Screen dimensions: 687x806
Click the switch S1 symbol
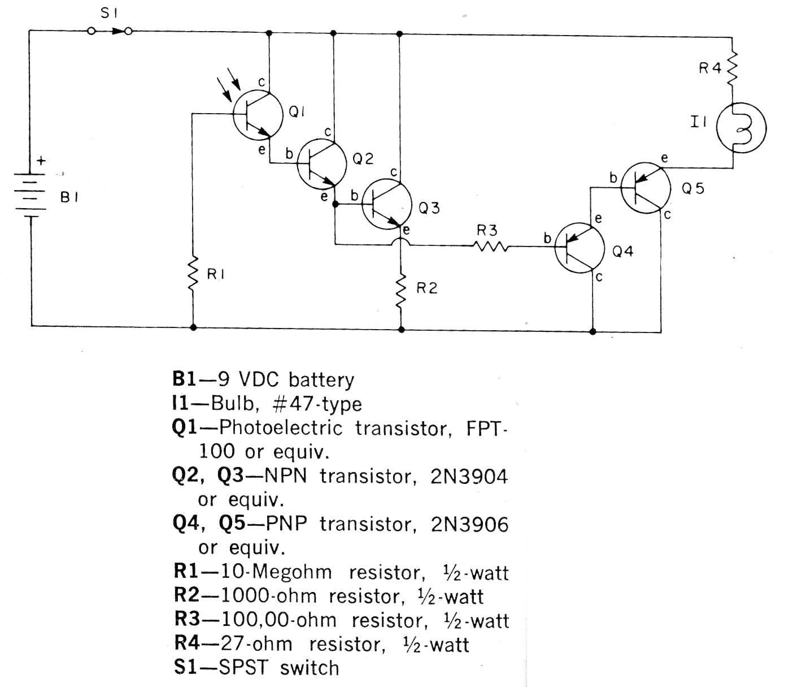click(x=110, y=31)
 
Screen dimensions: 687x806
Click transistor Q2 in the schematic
click(x=321, y=164)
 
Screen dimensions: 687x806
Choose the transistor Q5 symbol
click(x=645, y=188)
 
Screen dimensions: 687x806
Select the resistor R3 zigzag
click(x=491, y=246)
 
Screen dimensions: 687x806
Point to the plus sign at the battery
click(x=40, y=161)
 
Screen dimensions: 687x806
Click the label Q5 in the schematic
click(x=693, y=189)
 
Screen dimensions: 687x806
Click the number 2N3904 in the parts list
click(x=469, y=477)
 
